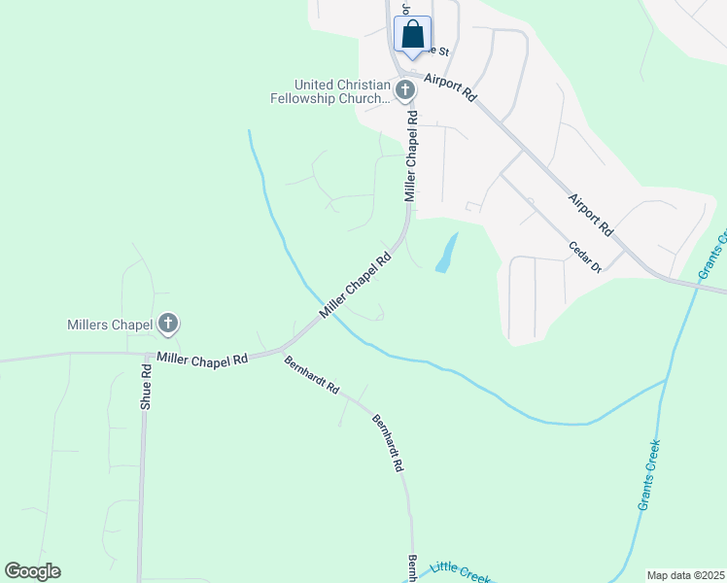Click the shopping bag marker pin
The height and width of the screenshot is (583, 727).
point(412,35)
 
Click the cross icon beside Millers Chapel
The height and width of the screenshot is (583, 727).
point(168,323)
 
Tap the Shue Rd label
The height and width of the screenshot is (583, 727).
point(146,387)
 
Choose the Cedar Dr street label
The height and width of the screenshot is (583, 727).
point(585,257)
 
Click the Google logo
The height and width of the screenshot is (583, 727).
point(32,570)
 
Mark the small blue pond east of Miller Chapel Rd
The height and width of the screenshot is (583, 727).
point(446,254)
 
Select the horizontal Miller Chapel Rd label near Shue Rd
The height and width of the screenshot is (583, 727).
point(203,359)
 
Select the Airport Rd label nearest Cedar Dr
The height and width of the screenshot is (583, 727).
point(591,214)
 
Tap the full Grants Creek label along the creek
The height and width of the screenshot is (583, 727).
point(650,475)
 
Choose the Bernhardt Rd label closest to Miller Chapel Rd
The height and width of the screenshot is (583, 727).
point(312,376)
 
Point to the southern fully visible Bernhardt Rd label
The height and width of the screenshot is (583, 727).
point(387,443)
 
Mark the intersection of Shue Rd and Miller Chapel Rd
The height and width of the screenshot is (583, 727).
point(147,355)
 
